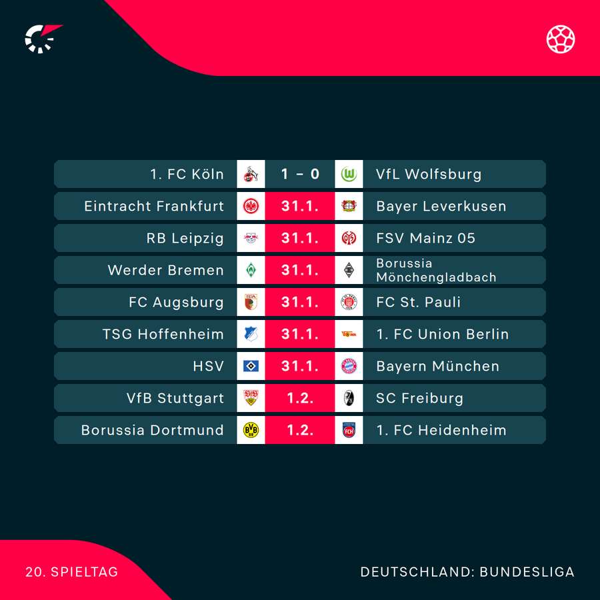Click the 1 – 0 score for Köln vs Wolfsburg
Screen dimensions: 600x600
point(300,174)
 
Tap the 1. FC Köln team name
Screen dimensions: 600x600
point(187,174)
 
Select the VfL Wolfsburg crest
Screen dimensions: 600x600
point(349,174)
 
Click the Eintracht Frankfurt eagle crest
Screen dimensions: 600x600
point(251,206)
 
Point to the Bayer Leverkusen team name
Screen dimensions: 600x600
point(441,206)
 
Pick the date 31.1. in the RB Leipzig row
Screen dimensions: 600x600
point(300,238)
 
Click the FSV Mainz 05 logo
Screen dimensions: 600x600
point(349,238)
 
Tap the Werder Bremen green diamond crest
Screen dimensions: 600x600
point(251,270)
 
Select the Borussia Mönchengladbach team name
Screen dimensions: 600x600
point(436,270)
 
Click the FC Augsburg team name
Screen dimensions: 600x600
point(176,302)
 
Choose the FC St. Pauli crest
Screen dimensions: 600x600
point(349,302)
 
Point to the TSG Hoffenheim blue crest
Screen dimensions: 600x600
point(251,334)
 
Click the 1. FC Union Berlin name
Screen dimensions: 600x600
point(442,334)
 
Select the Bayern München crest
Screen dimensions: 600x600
point(349,366)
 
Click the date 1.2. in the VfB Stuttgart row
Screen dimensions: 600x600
point(300,398)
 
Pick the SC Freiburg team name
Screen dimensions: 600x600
point(419,398)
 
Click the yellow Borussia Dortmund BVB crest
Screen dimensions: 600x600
point(251,430)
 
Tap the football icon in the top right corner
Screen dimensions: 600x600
point(561,39)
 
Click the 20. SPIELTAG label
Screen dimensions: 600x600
point(71,572)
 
